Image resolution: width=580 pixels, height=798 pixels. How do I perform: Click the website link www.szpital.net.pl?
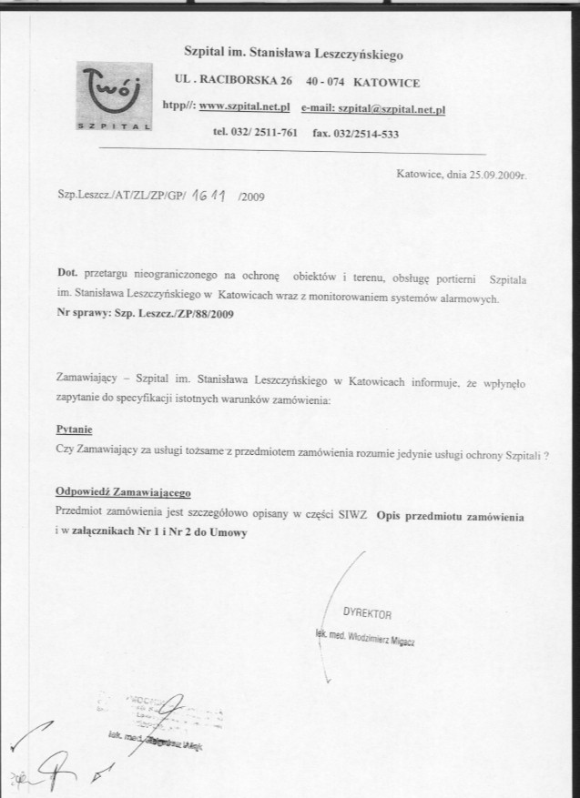243,107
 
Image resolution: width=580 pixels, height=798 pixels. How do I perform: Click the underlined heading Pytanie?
74,429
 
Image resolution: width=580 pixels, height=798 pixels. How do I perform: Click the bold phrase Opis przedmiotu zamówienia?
451,515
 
